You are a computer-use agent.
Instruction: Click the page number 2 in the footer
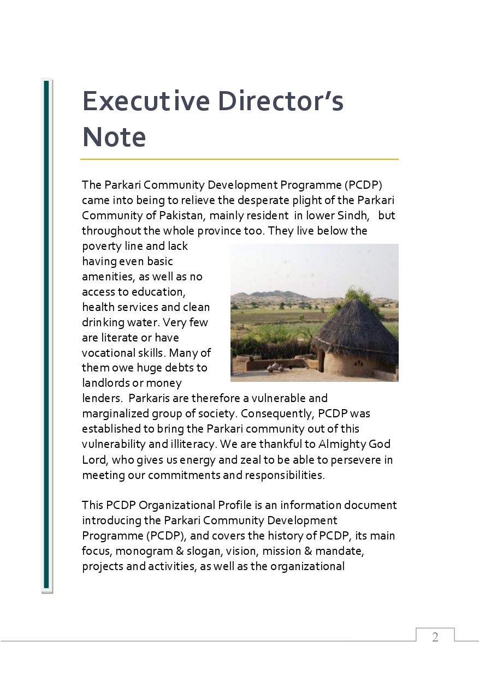[x=435, y=637]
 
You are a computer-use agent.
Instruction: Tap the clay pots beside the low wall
[x=275, y=367]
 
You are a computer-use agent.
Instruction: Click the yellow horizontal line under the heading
[x=239, y=159]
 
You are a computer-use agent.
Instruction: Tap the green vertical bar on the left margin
[x=46, y=335]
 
